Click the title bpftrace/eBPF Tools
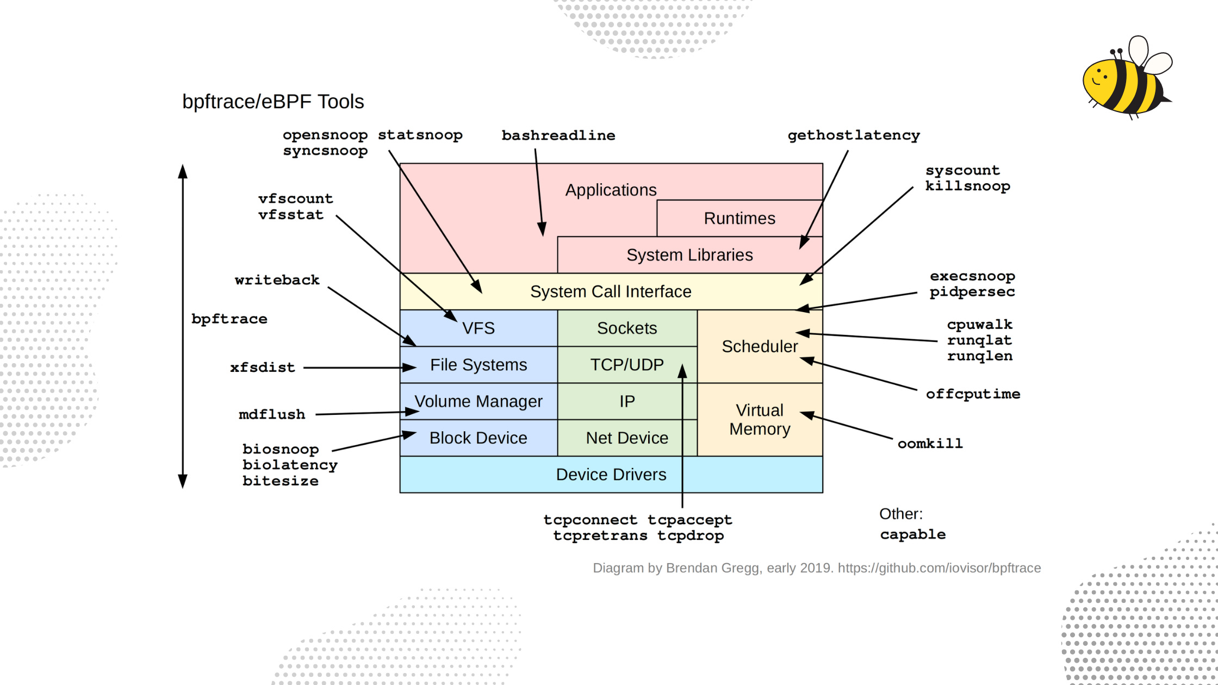273,102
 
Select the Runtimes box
739,218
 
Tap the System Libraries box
689,255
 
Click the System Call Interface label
610,291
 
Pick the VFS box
478,328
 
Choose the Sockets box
626,328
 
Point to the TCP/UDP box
626,364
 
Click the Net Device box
626,438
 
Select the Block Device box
478,438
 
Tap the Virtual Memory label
759,419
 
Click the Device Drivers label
610,474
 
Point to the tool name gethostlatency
853,135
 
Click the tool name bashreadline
558,135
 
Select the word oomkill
930,443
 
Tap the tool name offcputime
972,394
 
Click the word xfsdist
262,368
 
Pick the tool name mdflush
272,414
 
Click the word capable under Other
912,534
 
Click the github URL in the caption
939,568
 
